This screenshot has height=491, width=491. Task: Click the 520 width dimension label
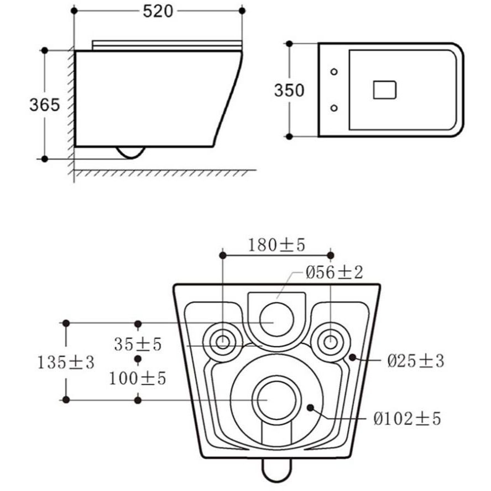(x=158, y=12)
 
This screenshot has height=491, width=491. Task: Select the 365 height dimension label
(x=44, y=105)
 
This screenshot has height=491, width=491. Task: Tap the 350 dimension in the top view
(x=289, y=90)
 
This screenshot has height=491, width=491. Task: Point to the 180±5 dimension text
(x=276, y=245)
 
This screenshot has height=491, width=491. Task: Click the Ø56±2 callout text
(x=334, y=272)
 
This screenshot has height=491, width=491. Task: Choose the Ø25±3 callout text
(x=416, y=361)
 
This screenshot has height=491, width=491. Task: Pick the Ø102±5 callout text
(x=407, y=419)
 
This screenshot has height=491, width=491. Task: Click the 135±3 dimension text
(x=66, y=363)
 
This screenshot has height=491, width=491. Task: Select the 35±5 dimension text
(x=138, y=344)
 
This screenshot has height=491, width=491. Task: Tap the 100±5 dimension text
(x=138, y=379)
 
